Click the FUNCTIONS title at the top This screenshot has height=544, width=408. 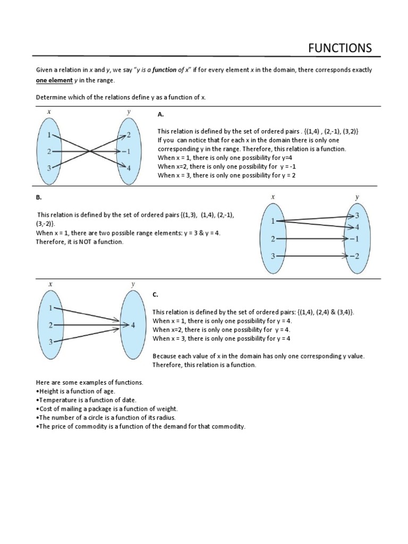(x=341, y=48)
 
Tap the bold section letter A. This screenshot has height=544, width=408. (x=160, y=114)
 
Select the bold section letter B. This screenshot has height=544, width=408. (x=38, y=197)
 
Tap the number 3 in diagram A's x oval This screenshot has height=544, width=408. (x=49, y=168)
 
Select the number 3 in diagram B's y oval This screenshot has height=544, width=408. (x=357, y=215)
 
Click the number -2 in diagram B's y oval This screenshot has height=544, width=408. (x=355, y=257)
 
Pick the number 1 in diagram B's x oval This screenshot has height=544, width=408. (x=274, y=221)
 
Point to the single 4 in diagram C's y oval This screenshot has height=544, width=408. (x=133, y=325)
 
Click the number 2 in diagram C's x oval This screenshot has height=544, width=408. (x=50, y=325)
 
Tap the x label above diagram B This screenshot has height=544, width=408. (x=273, y=197)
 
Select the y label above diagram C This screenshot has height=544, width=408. (x=133, y=284)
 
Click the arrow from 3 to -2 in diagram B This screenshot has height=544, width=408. (x=313, y=257)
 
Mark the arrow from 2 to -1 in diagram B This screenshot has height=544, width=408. (x=313, y=239)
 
